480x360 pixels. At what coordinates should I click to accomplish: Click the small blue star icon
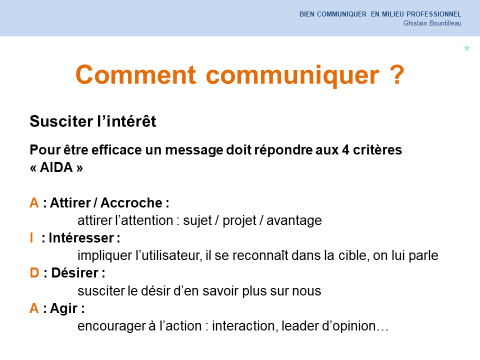466,48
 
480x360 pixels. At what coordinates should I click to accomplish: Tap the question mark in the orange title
397,74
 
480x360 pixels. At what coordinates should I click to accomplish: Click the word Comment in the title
135,74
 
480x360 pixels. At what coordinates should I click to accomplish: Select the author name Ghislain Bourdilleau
432,23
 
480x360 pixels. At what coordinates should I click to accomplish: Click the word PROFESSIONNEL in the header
434,14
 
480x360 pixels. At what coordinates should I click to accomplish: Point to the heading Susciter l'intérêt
93,121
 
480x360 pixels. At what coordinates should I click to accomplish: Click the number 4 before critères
345,150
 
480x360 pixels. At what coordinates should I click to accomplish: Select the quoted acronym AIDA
56,167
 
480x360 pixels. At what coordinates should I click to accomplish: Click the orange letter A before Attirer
34,202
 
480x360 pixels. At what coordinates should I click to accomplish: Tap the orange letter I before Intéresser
31,238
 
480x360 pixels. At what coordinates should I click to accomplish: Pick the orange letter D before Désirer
34,273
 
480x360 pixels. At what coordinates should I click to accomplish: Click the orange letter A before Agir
34,308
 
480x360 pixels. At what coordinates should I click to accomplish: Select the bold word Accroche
131,202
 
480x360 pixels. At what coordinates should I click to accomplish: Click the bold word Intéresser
81,238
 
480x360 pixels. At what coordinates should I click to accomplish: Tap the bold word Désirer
74,273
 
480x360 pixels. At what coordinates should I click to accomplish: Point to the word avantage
294,221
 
